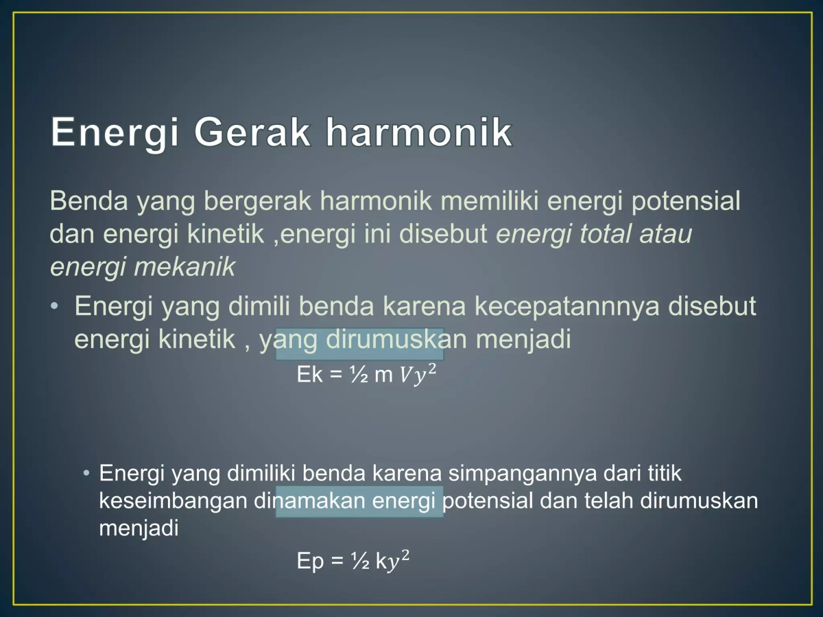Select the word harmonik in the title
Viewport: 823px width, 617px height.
point(419,132)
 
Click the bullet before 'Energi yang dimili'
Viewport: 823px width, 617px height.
point(54,306)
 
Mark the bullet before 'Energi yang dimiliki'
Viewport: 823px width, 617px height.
point(86,474)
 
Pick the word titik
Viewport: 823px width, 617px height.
point(663,474)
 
